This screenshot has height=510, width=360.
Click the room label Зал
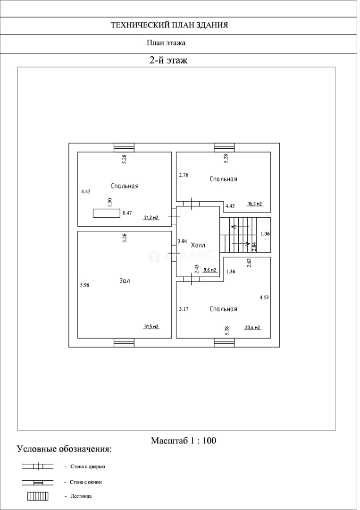click(x=125, y=280)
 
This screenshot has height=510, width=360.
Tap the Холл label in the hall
click(x=198, y=245)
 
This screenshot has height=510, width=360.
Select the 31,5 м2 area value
click(x=151, y=327)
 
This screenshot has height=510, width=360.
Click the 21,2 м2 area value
click(x=151, y=218)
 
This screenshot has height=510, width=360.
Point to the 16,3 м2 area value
click(x=255, y=204)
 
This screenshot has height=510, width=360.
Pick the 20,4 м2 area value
click(x=253, y=328)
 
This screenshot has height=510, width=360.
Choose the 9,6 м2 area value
click(x=209, y=270)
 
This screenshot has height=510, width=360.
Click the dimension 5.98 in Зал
click(x=84, y=285)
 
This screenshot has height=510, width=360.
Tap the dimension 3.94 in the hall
click(x=182, y=241)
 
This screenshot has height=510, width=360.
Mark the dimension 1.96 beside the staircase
click(x=265, y=234)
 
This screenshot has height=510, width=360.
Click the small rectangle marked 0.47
click(x=106, y=213)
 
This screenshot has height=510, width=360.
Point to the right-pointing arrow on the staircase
click(x=241, y=243)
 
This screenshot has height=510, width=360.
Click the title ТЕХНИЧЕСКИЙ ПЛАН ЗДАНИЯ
click(x=169, y=25)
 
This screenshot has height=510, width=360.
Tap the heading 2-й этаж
click(x=168, y=60)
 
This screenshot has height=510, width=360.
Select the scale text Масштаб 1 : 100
click(x=184, y=441)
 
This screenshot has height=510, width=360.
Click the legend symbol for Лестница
click(x=38, y=496)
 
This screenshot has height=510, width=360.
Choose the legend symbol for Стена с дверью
click(x=38, y=467)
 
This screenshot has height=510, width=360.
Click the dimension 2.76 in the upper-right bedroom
click(x=184, y=175)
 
